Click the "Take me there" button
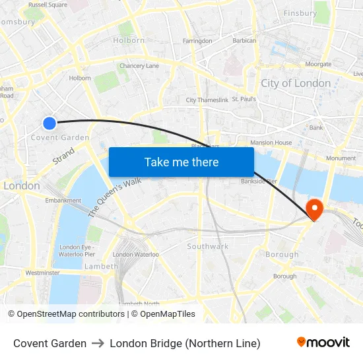pos(181,162)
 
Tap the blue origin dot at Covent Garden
pos(49,123)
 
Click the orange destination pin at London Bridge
pos(315,209)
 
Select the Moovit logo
pos(323,343)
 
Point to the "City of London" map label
pos(296,83)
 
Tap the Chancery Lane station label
pos(139,66)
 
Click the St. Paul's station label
pos(244,100)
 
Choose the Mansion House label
pos(271,143)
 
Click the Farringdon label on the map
pos(197,41)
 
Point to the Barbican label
pos(244,41)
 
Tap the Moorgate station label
pos(318,65)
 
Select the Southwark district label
pos(207,246)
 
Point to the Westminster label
pos(42,273)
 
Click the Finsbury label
pos(300,13)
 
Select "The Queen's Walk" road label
pos(115,197)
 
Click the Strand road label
pos(63,156)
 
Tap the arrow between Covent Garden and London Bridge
pos(98,343)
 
